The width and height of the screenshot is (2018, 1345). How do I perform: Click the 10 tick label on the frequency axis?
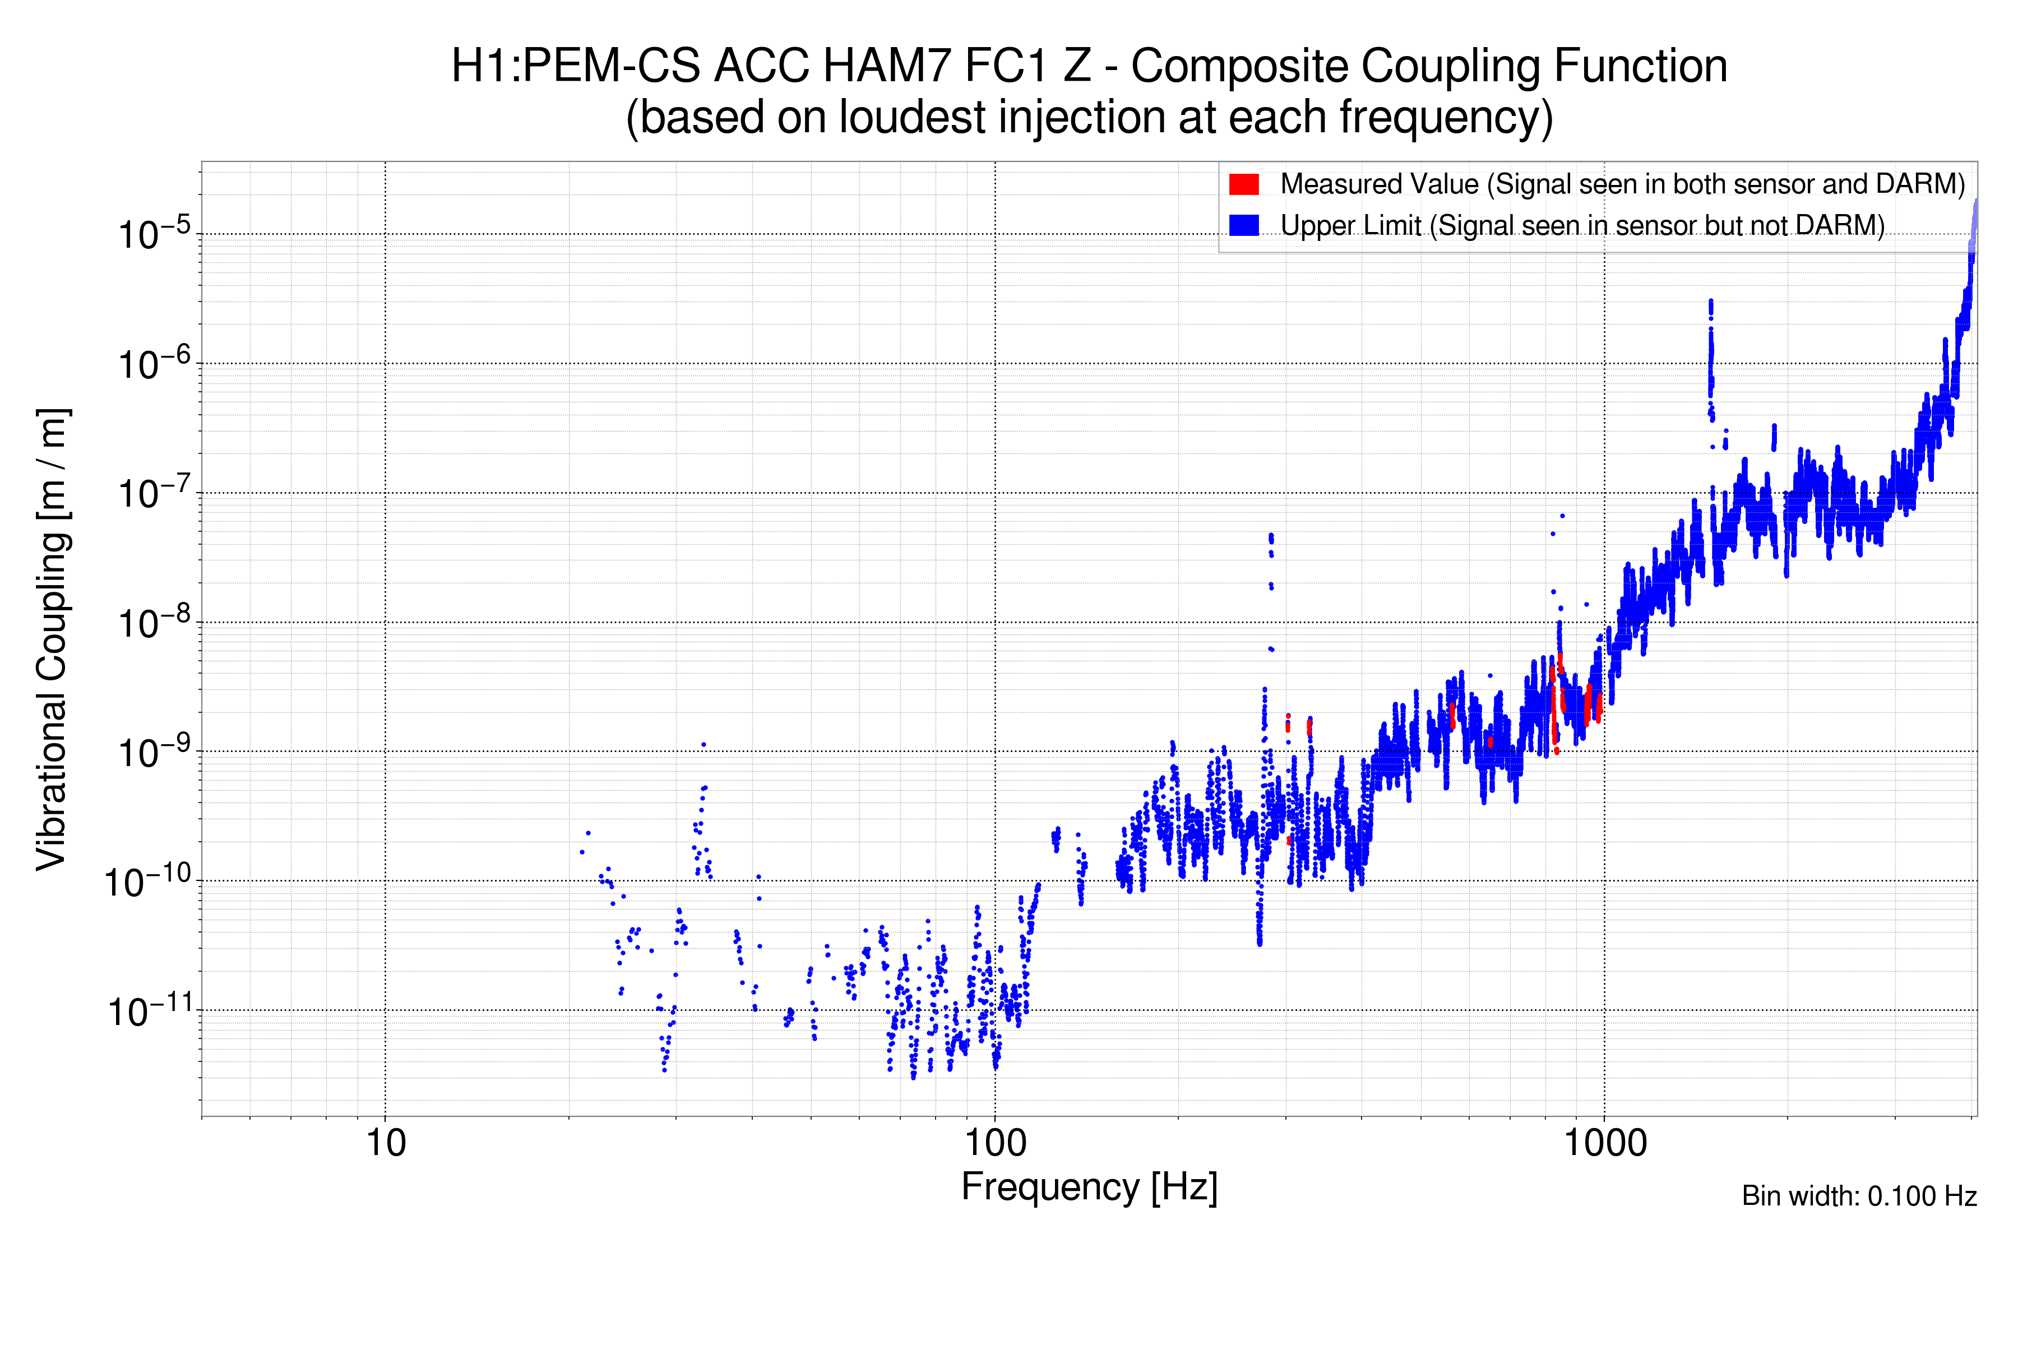click(385, 1143)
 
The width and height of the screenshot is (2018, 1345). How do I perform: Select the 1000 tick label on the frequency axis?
click(1604, 1143)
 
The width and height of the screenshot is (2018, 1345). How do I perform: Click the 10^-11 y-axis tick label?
click(149, 1012)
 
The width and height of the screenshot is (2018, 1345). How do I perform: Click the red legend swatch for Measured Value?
click(1243, 184)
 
